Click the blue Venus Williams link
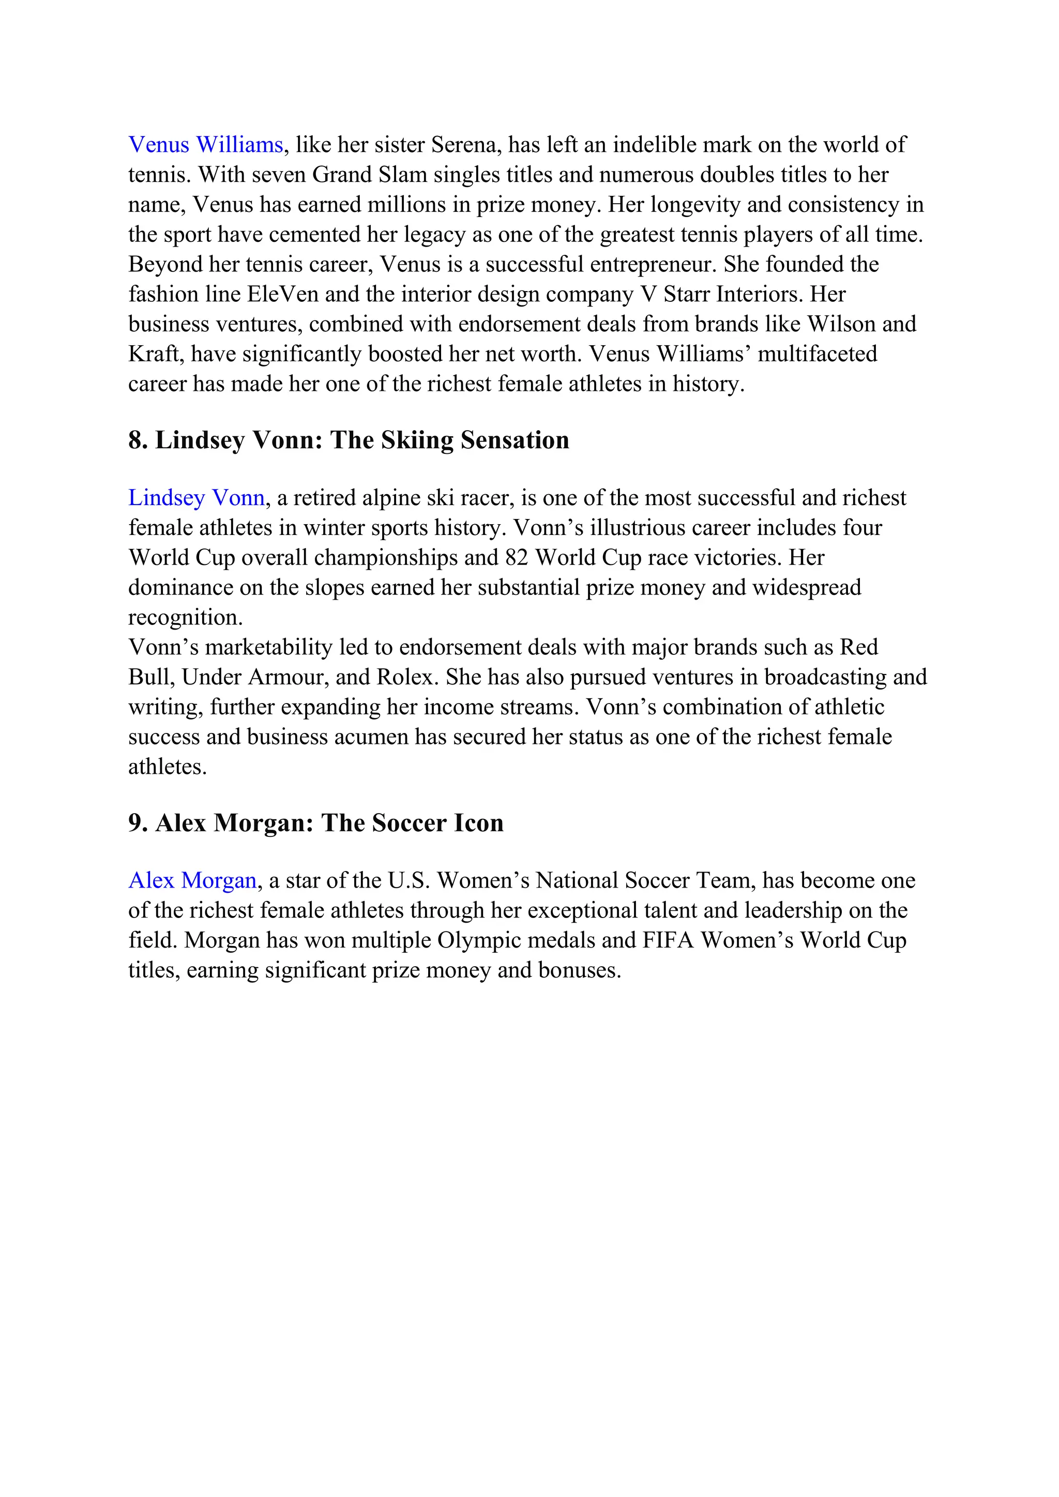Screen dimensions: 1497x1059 [x=205, y=145]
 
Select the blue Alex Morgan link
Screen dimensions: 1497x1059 [x=192, y=881]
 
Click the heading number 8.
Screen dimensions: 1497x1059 [x=137, y=441]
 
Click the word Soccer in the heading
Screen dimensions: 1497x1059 [x=409, y=823]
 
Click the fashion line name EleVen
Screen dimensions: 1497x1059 [x=282, y=295]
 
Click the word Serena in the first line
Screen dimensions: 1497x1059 [x=464, y=145]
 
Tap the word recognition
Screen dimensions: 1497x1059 [x=185, y=617]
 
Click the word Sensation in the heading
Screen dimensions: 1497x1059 [x=515, y=441]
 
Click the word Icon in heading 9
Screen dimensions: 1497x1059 [x=479, y=823]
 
